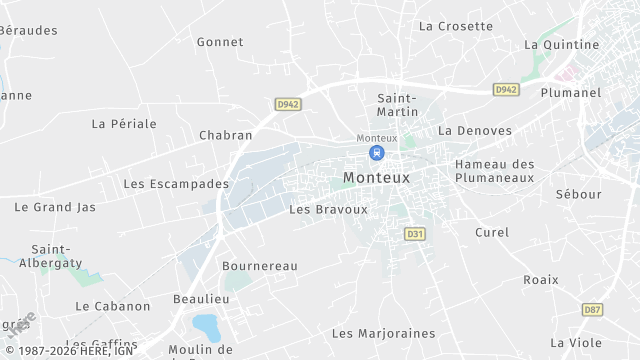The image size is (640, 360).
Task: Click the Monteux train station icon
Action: (x=376, y=153)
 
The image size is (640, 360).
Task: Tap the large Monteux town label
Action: (x=376, y=177)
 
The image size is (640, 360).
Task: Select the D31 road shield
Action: (x=414, y=233)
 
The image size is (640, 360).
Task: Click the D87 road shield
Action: (x=592, y=310)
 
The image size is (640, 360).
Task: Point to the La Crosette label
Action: (x=456, y=26)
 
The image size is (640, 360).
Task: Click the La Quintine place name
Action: (x=562, y=45)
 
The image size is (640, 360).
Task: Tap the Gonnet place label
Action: (x=220, y=42)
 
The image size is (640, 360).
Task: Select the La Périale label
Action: (x=124, y=124)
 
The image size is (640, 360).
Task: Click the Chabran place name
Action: (x=225, y=135)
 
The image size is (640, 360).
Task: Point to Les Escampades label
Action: (x=176, y=184)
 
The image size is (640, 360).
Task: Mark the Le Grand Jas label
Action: (x=55, y=207)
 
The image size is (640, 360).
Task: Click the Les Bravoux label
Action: (x=328, y=210)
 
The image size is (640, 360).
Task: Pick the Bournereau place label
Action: (x=260, y=266)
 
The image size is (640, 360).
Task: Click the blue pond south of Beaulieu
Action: (x=206, y=325)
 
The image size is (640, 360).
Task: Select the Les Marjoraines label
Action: (x=384, y=333)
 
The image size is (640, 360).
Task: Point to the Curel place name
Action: (x=492, y=232)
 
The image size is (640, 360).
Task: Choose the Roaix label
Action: (x=541, y=281)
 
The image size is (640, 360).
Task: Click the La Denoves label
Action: (x=475, y=131)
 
